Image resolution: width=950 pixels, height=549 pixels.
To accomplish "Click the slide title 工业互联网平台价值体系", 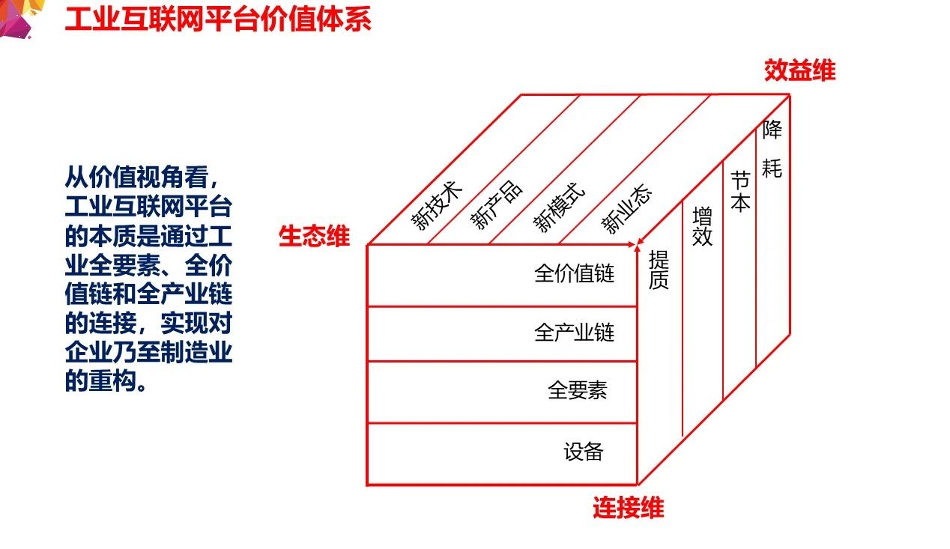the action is tap(217, 19).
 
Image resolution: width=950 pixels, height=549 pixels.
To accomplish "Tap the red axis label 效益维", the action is tap(799, 70).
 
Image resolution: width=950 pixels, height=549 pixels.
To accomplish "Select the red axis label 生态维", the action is tap(314, 237).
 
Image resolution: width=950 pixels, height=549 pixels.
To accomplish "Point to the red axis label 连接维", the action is tap(628, 509).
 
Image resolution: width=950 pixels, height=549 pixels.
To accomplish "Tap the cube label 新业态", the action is tap(627, 210).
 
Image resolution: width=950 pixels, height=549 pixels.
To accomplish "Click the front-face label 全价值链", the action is tap(574, 273).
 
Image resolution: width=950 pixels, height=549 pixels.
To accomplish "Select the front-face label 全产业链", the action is tap(574, 333).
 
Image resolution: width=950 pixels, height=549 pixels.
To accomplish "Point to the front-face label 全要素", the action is tap(577, 390).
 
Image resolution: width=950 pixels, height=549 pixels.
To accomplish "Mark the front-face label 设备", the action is tap(583, 452).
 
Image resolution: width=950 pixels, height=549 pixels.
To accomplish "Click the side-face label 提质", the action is tap(659, 270).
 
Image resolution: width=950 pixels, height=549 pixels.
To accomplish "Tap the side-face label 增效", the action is tap(703, 227).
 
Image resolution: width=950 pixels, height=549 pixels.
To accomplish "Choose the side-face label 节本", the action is tap(740, 191).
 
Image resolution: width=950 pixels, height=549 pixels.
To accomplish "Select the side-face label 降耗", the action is tap(772, 149).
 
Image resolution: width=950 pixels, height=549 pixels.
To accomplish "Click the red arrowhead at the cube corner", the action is tap(638, 242).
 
